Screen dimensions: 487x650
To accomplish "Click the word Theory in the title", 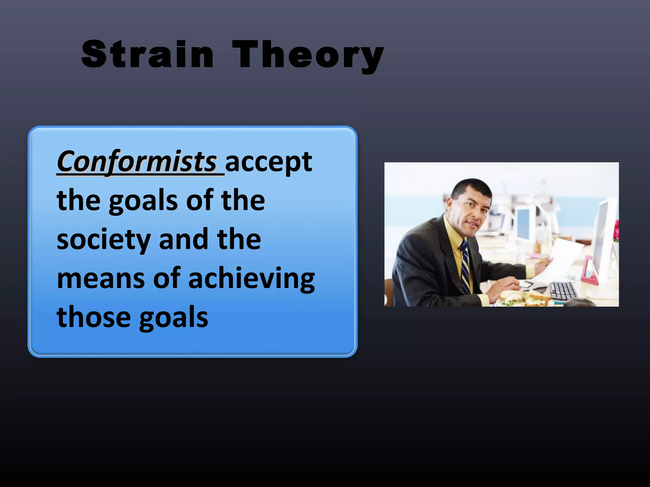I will click(x=308, y=55).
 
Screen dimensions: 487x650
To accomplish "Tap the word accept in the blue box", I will click(x=269, y=162).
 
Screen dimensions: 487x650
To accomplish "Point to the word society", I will click(x=103, y=240).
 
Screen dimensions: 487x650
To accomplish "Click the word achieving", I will click(x=251, y=279).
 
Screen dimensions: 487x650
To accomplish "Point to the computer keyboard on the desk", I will click(x=563, y=290).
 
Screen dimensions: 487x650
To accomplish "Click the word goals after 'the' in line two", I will click(x=143, y=202).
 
